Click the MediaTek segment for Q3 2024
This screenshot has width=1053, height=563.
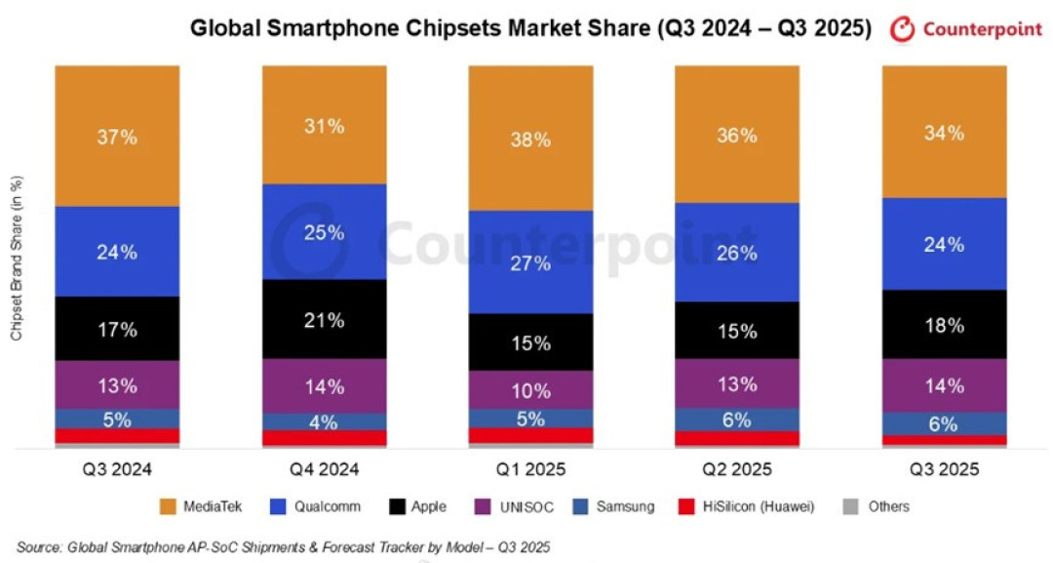point(118,136)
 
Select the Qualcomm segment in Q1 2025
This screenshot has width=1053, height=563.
point(530,262)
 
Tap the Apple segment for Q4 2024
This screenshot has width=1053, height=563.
point(325,319)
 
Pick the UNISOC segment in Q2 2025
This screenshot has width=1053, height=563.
point(737,383)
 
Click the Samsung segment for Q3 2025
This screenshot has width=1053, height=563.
point(944,423)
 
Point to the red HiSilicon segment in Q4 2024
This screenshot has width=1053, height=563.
point(325,438)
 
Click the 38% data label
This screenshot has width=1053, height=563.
point(530,140)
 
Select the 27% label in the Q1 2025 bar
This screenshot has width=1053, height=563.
point(530,263)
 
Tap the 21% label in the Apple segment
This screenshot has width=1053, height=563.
point(325,320)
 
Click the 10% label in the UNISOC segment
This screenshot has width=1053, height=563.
point(530,390)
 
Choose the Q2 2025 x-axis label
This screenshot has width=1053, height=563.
point(737,469)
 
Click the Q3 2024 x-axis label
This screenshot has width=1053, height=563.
point(118,469)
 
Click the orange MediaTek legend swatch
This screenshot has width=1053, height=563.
point(168,506)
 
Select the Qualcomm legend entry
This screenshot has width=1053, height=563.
point(315,506)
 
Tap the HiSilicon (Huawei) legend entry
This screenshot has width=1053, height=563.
point(747,506)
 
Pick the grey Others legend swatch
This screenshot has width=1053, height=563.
point(850,506)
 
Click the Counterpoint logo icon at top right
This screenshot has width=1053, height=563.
point(902,29)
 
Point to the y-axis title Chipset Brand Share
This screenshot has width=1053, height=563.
point(17,258)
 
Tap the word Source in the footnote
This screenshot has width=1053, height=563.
point(39,546)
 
